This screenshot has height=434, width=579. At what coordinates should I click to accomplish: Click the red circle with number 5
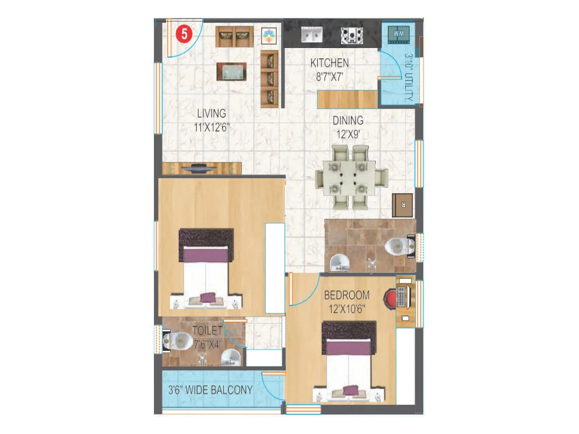click(x=184, y=34)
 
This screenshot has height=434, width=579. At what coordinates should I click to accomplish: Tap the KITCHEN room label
click(x=329, y=63)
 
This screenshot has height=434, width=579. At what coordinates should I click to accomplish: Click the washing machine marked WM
click(x=398, y=34)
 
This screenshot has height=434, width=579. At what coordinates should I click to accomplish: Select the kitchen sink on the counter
click(x=312, y=35)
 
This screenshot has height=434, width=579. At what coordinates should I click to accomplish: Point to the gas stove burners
click(x=352, y=35)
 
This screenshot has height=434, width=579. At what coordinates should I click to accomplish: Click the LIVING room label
click(x=211, y=114)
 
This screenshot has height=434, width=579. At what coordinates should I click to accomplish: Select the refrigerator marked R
click(x=402, y=205)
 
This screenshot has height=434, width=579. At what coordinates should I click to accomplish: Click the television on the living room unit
click(x=199, y=168)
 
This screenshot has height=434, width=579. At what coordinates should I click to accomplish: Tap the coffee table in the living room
click(x=231, y=72)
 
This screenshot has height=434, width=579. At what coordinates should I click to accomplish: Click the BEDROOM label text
click(x=346, y=295)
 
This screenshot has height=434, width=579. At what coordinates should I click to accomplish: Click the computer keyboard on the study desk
click(x=401, y=296)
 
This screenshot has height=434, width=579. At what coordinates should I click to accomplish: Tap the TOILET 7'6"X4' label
click(x=207, y=337)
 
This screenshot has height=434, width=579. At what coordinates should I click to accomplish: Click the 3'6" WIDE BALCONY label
click(x=210, y=390)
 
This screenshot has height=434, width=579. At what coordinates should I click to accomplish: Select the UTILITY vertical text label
click(x=409, y=77)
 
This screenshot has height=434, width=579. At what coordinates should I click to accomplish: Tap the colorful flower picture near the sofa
click(x=269, y=36)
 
